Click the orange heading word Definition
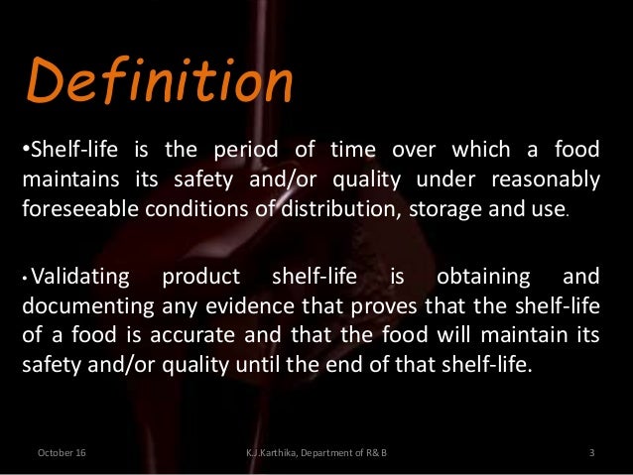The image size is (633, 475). pos(159,83)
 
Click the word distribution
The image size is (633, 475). pos(340,208)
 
